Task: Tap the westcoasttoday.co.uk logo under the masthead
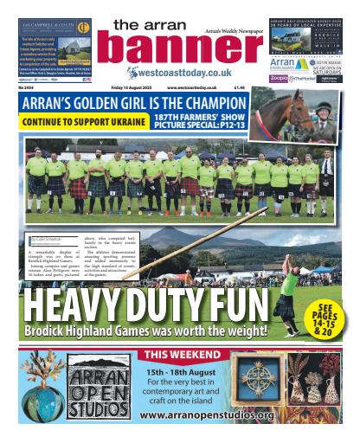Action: click(x=178, y=73)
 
